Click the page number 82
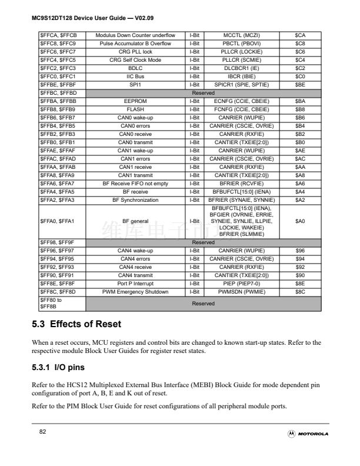pyautogui.click(x=42, y=432)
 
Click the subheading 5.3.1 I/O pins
pyautogui.click(x=58, y=368)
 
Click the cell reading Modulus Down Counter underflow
pyautogui.click(x=135, y=35)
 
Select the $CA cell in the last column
pyautogui.click(x=300, y=35)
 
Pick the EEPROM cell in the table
pyautogui.click(x=135, y=101)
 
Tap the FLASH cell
pyautogui.click(x=135, y=109)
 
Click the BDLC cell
pyautogui.click(x=135, y=68)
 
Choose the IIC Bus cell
pyautogui.click(x=135, y=76)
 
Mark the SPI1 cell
pyautogui.click(x=135, y=85)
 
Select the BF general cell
pyautogui.click(x=135, y=221)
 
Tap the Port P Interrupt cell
pyautogui.click(x=135, y=284)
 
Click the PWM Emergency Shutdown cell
pyautogui.click(x=135, y=292)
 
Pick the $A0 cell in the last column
pyautogui.click(x=300, y=221)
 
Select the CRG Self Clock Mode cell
pyautogui.click(x=135, y=60)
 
